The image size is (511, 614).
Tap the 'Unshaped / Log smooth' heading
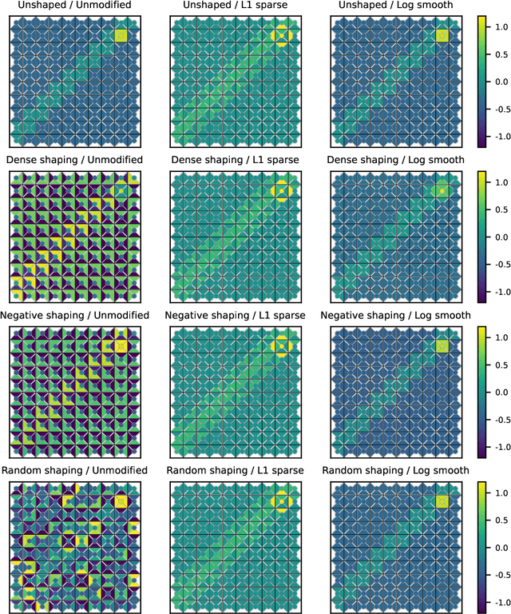(x=398, y=6)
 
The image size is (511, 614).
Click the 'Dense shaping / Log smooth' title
(x=398, y=160)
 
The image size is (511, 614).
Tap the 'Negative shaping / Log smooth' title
(x=398, y=316)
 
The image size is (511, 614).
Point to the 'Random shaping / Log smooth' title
(x=398, y=470)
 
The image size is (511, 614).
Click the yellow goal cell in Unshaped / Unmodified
(x=121, y=36)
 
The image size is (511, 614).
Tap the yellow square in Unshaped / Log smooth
(x=442, y=36)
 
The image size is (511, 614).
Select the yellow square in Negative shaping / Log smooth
(x=442, y=345)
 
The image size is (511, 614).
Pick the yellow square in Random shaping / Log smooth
(x=442, y=500)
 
